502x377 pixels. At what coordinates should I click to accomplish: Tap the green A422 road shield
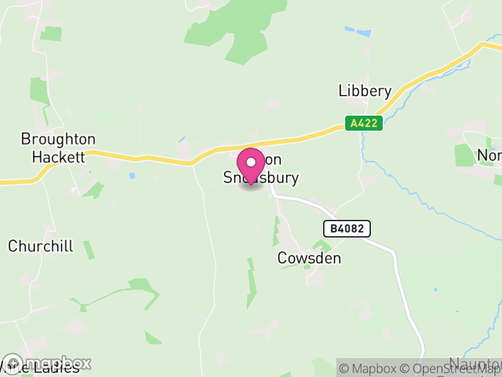[x=364, y=123]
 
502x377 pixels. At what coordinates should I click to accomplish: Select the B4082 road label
[x=347, y=229]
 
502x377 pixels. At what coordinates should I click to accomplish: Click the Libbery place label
[x=365, y=91]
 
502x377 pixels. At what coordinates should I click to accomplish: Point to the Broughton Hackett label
[x=58, y=148]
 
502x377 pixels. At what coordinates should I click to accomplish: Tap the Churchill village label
[x=41, y=246]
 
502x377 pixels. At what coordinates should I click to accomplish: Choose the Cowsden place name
[x=309, y=258]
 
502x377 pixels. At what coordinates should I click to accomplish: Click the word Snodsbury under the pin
[x=261, y=178]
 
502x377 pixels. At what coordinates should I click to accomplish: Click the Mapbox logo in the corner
[x=47, y=363]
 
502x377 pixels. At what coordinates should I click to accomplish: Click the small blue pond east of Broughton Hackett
[x=132, y=176]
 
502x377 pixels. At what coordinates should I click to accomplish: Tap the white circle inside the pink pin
[x=251, y=161]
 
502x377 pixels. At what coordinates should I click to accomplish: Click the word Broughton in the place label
[x=58, y=139]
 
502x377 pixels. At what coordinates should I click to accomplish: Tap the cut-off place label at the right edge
[x=489, y=155]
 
